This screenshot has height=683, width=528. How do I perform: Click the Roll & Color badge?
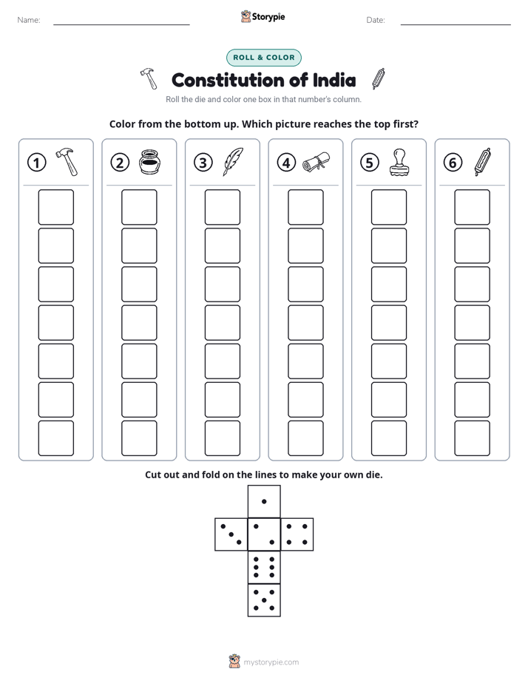click(263, 58)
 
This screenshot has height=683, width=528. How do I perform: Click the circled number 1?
click(36, 163)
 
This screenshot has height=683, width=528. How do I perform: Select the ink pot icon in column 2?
click(150, 162)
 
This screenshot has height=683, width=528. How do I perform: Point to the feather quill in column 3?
click(233, 162)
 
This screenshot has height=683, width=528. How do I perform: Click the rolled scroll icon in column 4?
click(317, 163)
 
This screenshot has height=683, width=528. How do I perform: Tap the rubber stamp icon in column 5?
click(399, 163)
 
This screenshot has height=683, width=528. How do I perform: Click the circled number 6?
click(453, 163)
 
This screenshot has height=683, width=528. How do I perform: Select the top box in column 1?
click(55, 207)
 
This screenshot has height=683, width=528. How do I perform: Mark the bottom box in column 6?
click(473, 438)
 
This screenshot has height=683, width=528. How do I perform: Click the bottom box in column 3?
click(222, 438)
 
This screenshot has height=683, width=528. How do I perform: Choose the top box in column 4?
click(305, 207)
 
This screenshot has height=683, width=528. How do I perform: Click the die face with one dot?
click(264, 501)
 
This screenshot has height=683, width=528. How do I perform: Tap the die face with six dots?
click(264, 567)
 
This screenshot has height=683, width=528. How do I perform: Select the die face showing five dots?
click(264, 599)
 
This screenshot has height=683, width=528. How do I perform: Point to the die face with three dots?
click(231, 534)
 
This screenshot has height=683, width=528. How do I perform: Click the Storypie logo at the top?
click(263, 16)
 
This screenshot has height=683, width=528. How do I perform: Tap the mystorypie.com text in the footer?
click(271, 662)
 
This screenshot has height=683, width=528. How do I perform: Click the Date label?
click(376, 20)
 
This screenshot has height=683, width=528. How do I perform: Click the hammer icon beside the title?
click(149, 78)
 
